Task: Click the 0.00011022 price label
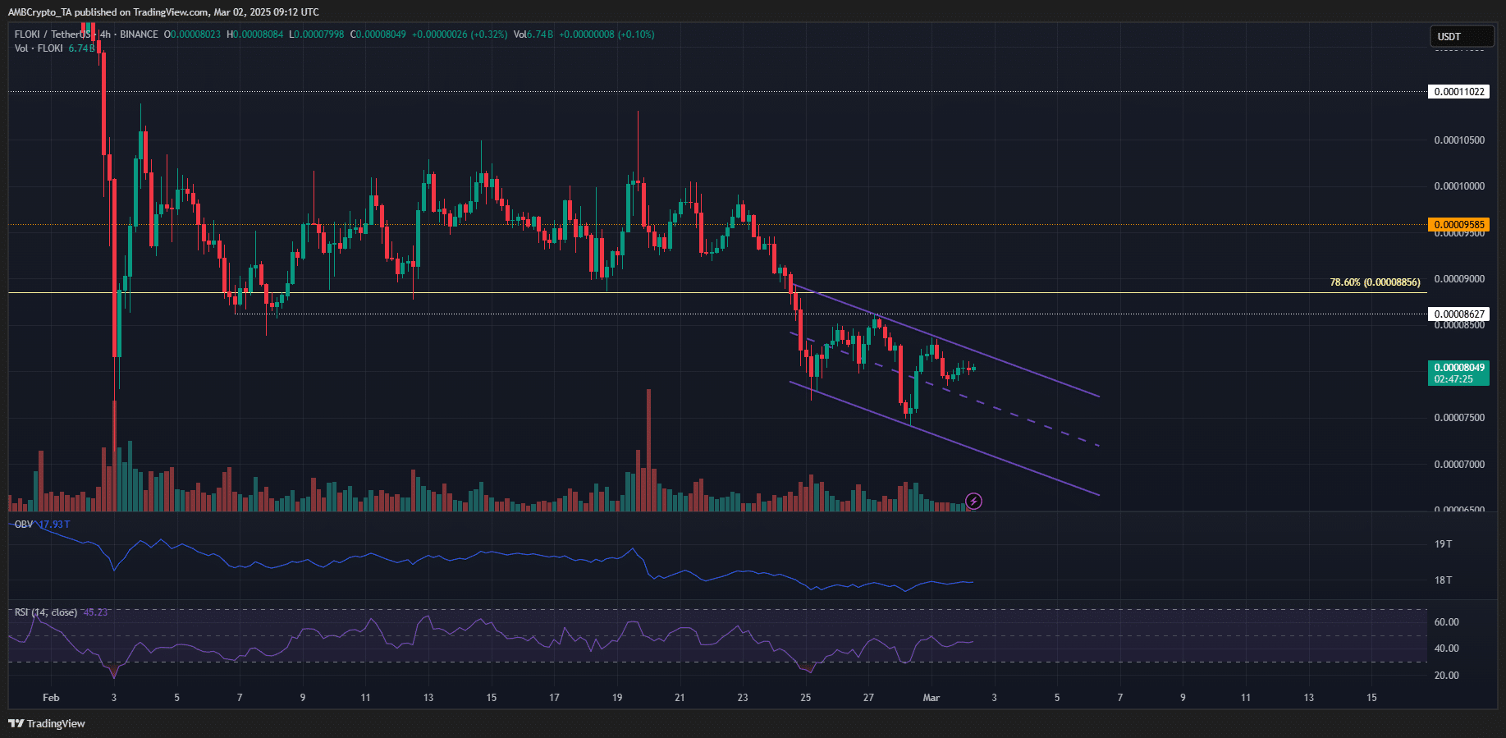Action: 1458,92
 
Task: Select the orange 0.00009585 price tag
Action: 1458,224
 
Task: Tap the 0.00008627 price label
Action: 1458,314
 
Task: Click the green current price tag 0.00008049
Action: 1458,368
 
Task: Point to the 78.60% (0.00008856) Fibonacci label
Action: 1375,282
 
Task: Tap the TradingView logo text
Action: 48,723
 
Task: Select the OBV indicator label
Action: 24,524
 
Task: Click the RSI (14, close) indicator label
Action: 46,612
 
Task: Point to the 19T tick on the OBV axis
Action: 1443,544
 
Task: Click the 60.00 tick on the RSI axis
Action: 1446,622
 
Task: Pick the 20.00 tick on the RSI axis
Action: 1446,676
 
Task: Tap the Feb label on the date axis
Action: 51,698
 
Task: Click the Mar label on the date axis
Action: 931,698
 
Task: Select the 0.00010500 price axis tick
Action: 1458,140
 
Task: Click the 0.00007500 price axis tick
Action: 1458,418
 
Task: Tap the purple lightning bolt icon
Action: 973,501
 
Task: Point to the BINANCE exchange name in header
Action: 139,34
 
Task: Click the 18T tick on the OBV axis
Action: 1443,580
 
